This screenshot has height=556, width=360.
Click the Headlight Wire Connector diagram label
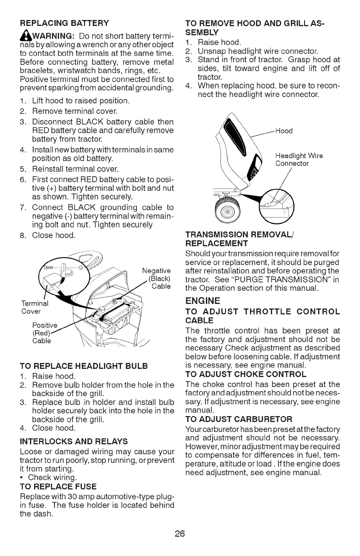pos(299,160)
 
